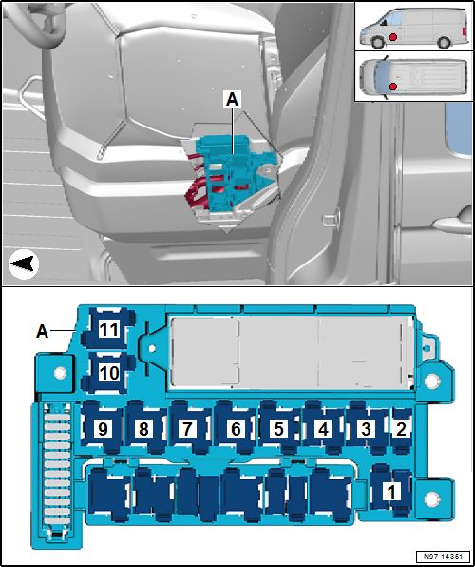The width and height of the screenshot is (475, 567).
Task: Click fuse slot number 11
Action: click(108, 328)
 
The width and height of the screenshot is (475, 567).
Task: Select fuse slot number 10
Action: click(108, 373)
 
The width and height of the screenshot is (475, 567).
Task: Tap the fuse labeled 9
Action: click(103, 428)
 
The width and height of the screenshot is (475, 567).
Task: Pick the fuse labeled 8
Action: click(144, 428)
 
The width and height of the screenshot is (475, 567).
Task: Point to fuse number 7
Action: click(187, 428)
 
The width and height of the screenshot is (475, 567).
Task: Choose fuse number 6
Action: click(236, 428)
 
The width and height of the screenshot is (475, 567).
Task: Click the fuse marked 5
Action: click(279, 428)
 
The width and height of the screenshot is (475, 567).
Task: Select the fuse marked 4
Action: click(323, 428)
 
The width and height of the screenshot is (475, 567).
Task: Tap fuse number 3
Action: click(367, 428)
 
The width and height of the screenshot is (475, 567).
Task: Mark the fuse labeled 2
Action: click(401, 428)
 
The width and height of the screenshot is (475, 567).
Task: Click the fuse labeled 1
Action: click(391, 491)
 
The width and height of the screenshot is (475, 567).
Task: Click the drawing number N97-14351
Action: click(443, 557)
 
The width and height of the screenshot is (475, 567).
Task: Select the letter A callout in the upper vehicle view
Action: click(233, 101)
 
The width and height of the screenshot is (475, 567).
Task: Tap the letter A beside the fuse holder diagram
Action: click(43, 331)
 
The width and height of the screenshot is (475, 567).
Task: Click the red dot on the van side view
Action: click(393, 37)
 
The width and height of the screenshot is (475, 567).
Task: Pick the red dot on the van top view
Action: click(393, 87)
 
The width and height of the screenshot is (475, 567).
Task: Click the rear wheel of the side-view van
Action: click(444, 43)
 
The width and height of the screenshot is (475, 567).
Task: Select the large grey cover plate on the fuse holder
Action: click(293, 352)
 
